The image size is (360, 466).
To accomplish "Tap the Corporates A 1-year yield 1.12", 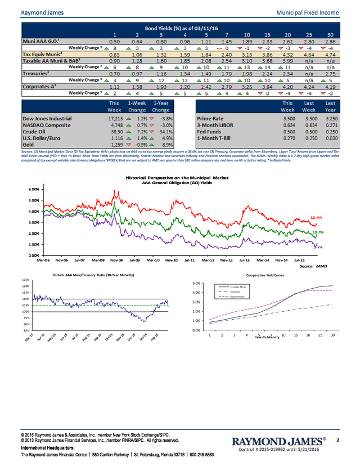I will pyautogui.click(x=115, y=87).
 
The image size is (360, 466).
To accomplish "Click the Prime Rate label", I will pyautogui.click(x=211, y=119).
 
